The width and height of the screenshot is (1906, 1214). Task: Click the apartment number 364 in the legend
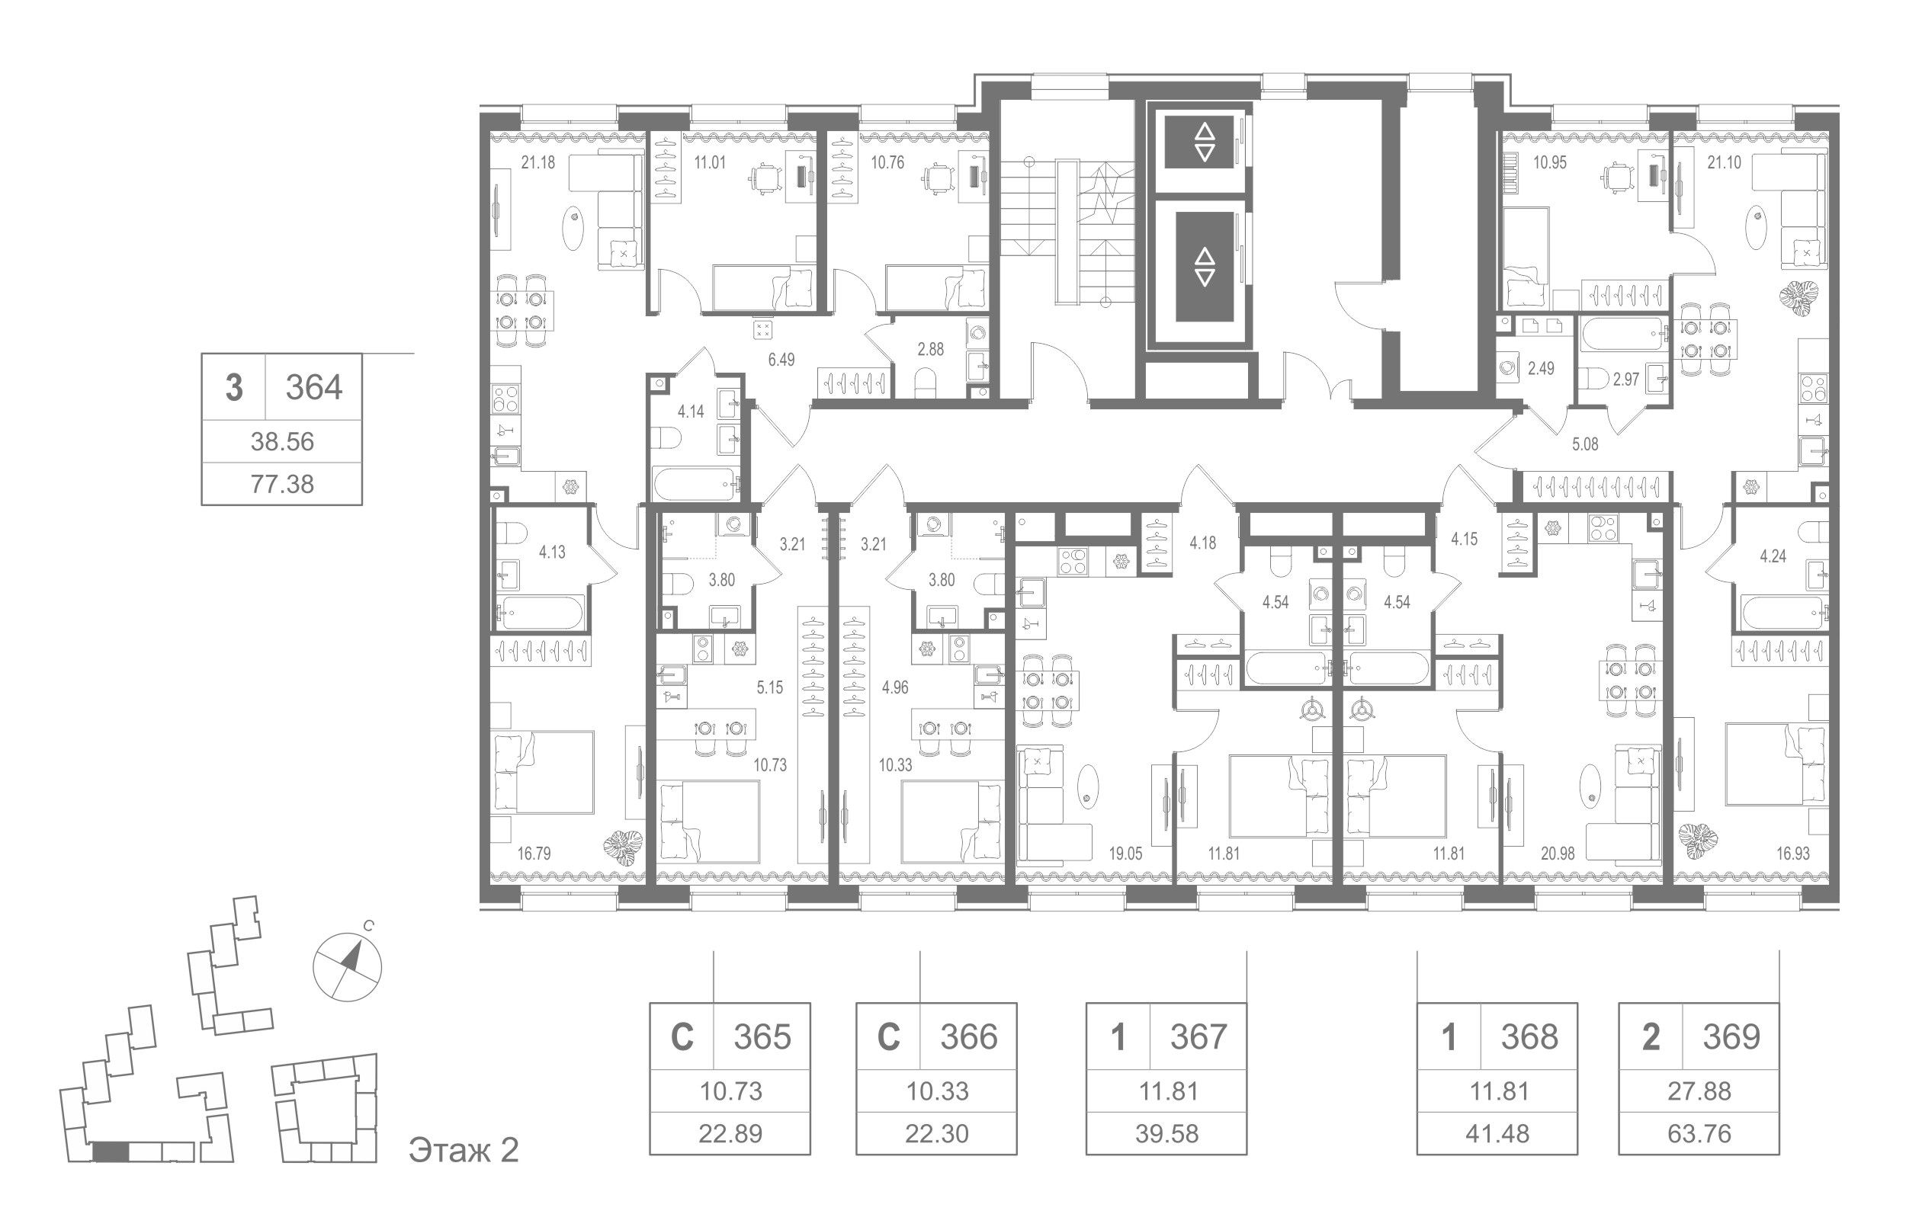313,388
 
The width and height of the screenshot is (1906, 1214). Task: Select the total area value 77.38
282,483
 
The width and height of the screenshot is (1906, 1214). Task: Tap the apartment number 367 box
1198,1036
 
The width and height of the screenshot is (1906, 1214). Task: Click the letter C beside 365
682,1036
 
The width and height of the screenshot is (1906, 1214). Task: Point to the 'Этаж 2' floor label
463,1150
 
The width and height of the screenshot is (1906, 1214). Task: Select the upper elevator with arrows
1205,143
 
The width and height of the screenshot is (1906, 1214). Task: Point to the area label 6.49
227,360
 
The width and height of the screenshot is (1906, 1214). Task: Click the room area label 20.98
1535,854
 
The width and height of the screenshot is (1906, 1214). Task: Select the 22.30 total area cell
936,1133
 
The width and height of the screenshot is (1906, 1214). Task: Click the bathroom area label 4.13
552,553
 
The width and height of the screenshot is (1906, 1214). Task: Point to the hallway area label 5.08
1584,445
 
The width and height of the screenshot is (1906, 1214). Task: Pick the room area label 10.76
887,164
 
